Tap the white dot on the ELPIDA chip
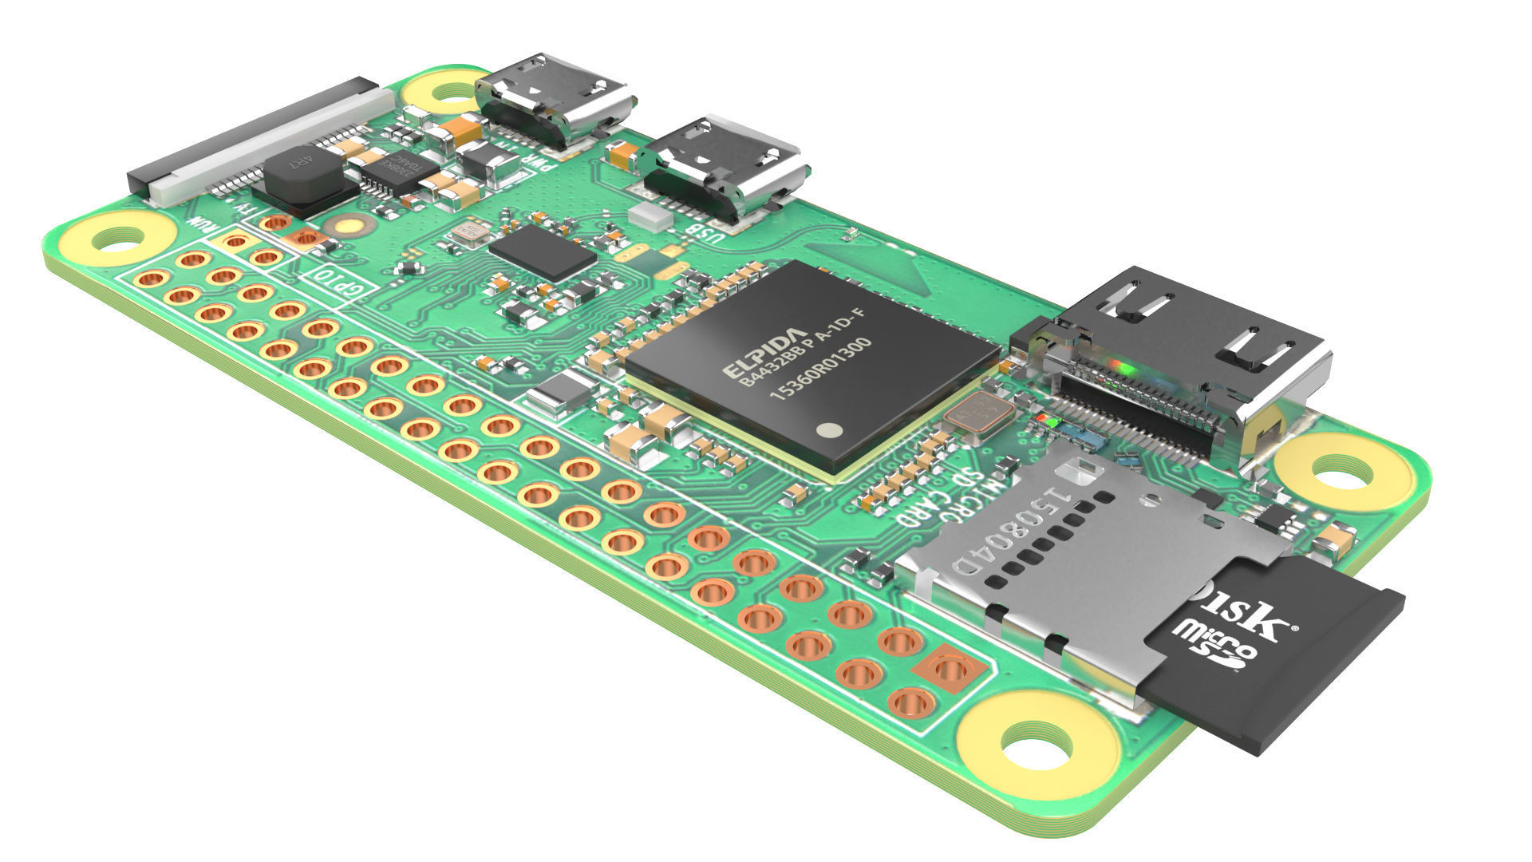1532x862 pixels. (x=831, y=431)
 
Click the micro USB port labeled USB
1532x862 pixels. (x=722, y=169)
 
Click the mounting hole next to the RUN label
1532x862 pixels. (x=118, y=239)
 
